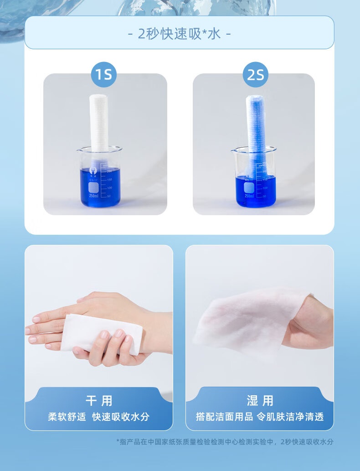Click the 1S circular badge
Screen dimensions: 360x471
(103, 74)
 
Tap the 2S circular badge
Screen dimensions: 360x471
(255, 74)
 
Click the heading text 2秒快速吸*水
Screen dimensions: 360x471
(180, 34)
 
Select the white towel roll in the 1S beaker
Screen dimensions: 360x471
(99, 123)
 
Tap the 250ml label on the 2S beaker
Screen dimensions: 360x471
(249, 196)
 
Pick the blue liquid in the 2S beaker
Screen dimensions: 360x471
(256, 192)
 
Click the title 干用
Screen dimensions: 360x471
(99, 401)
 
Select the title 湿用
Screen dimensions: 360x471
(260, 401)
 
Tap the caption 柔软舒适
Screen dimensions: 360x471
(67, 417)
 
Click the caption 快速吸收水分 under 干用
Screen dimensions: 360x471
(121, 417)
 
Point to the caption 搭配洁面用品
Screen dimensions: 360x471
(224, 417)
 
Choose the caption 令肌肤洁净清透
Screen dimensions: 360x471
(290, 417)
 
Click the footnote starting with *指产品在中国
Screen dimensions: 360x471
(225, 442)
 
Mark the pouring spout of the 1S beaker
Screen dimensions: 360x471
(79, 150)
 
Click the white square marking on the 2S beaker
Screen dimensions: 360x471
(248, 188)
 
